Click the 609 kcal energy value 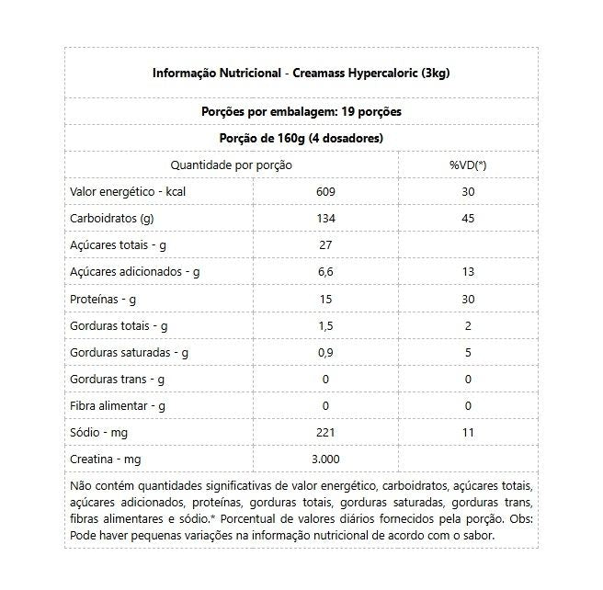(x=325, y=191)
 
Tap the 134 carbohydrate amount (x=325, y=219)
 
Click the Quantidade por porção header (x=232, y=165)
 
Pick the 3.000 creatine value (x=325, y=458)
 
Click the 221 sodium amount (x=325, y=431)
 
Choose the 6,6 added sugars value (x=325, y=272)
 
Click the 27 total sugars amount (x=325, y=245)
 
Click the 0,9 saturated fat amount (x=325, y=352)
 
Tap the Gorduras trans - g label (x=118, y=379)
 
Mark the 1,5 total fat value (x=325, y=325)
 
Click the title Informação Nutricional (x=215, y=74)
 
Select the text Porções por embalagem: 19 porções (x=301, y=112)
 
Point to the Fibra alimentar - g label (x=117, y=404)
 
